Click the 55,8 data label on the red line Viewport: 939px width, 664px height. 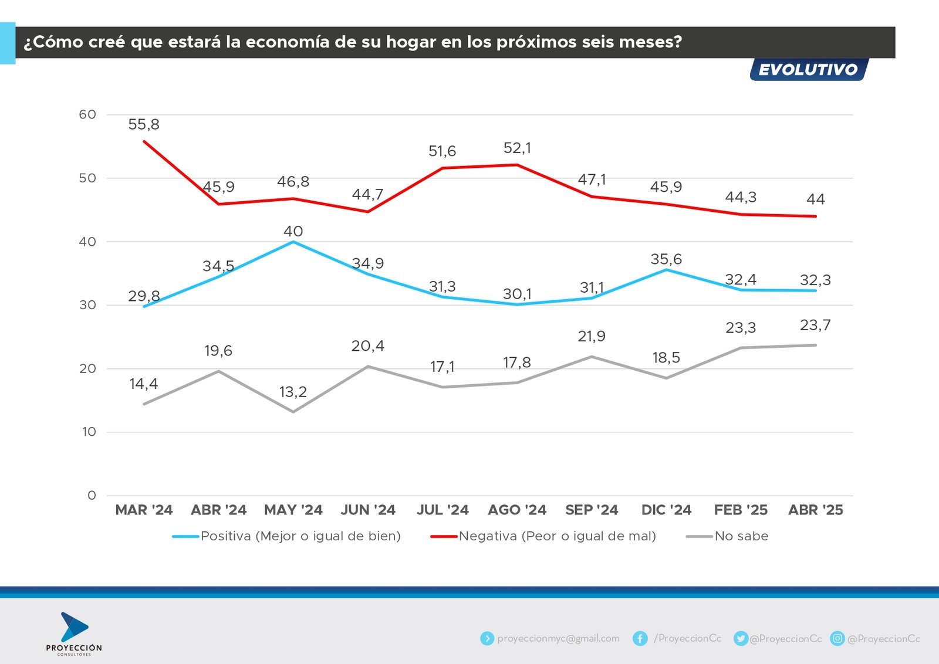point(144,124)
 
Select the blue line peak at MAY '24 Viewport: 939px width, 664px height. point(293,242)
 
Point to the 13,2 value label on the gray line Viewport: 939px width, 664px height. point(293,392)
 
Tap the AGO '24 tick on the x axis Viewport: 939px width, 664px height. point(517,510)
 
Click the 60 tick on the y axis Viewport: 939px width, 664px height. point(87,114)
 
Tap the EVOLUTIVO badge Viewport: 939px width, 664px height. point(808,70)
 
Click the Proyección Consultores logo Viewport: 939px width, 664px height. point(74,633)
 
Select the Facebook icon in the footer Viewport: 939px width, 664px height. point(640,638)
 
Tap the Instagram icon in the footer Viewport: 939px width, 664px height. point(837,638)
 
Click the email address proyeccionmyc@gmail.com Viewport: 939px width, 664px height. point(558,638)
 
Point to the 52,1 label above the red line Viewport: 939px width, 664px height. point(517,148)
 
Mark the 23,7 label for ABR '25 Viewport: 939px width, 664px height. point(815,325)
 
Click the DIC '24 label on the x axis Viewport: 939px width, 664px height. point(666,510)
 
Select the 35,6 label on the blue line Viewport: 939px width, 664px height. point(666,259)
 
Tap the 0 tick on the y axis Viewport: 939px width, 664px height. point(92,496)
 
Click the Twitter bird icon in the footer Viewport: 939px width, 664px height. point(741,638)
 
